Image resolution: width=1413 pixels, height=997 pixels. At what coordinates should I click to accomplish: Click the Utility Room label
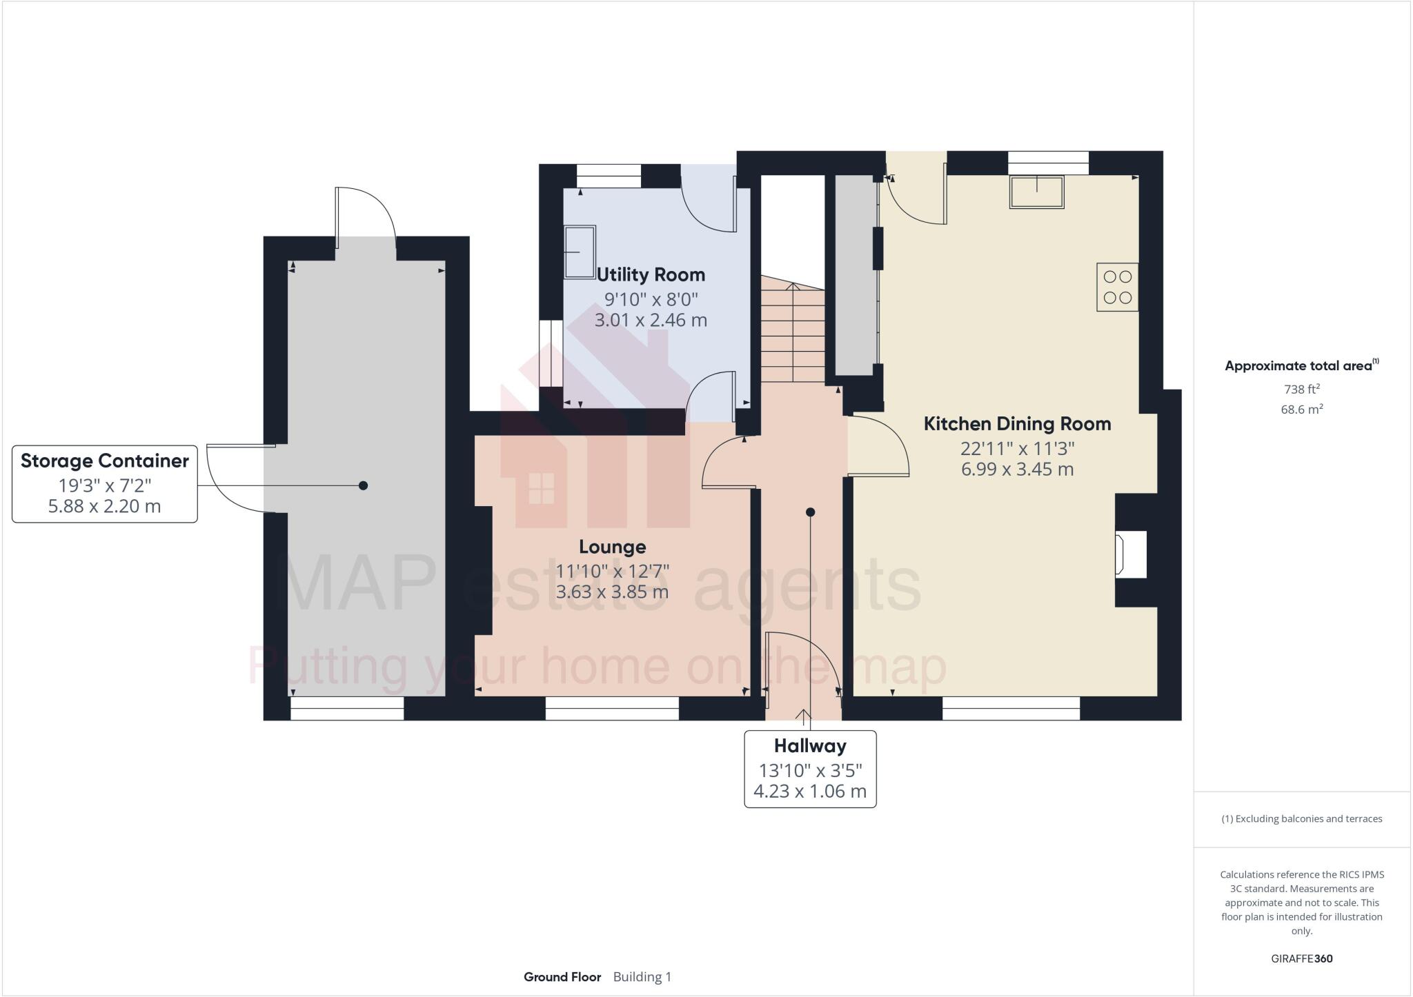651,274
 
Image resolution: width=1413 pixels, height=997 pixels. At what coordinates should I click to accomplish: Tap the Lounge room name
612,547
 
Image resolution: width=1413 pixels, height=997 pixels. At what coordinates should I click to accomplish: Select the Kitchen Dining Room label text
1017,423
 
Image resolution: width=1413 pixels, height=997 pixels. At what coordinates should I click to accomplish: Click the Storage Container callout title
105,461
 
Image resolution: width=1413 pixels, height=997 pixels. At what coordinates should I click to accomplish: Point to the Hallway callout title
810,745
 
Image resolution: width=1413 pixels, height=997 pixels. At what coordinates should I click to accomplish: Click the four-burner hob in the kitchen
1118,287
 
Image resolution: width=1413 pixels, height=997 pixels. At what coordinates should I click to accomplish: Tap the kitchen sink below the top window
1037,192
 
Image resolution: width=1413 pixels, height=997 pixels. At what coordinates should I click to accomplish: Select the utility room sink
580,252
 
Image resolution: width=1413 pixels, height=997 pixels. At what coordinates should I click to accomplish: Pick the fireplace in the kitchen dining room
1132,554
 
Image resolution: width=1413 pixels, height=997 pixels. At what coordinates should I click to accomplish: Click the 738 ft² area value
1302,389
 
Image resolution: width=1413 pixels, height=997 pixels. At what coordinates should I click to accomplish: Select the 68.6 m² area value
1302,409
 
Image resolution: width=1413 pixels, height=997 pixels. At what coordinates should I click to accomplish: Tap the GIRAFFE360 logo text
1302,958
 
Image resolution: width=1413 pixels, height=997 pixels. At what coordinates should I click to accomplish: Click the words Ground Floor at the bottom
562,977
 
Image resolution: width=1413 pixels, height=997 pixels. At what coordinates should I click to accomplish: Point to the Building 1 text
642,977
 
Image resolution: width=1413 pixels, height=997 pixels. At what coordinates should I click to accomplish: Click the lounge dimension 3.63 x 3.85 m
612,592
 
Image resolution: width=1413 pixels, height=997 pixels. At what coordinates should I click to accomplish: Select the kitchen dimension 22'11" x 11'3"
1018,449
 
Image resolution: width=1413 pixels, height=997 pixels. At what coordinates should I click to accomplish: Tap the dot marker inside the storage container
364,485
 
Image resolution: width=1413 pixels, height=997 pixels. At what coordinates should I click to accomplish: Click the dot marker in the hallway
811,512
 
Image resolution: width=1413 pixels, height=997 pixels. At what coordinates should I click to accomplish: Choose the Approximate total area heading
1301,365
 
